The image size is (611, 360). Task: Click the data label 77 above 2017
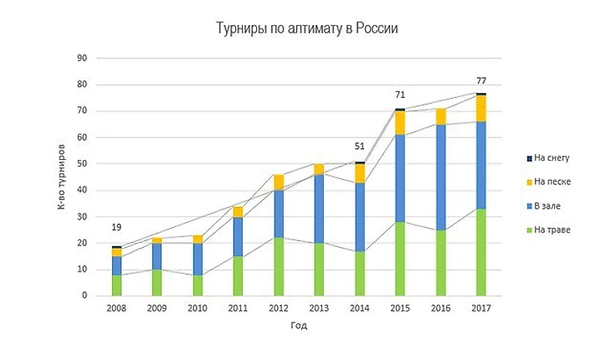(481, 81)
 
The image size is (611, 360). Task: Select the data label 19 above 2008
(118, 227)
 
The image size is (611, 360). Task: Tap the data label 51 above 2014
(360, 146)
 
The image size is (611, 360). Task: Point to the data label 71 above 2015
(400, 95)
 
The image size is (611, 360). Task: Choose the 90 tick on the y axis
(82, 59)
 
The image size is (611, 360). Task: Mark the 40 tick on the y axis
(82, 190)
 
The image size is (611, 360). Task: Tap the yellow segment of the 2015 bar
(400, 123)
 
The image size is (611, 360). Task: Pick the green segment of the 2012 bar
(279, 266)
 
